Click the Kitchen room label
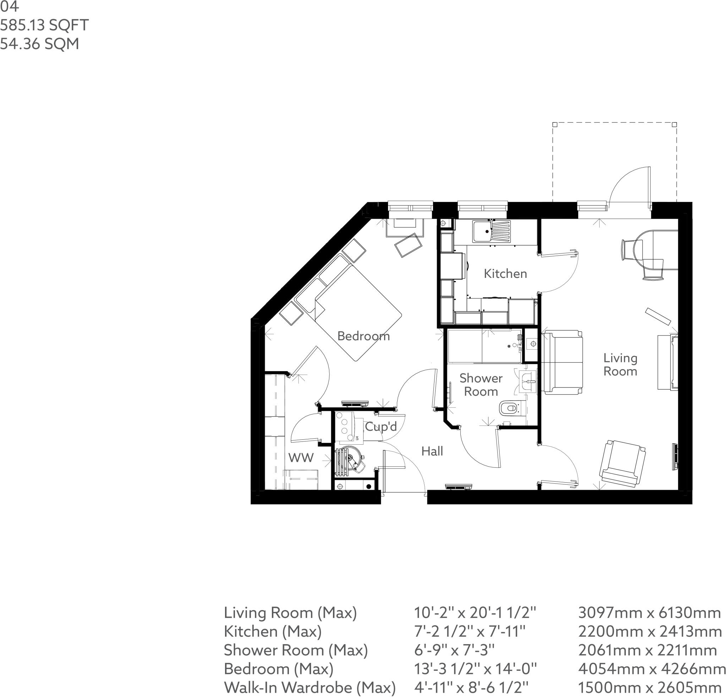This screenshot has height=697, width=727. pos(505,274)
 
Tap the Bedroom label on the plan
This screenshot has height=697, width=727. pos(363,336)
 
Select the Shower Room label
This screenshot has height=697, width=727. pos(481,384)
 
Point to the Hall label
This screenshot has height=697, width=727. pos(432,451)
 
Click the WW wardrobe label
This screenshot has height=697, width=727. pos(301,457)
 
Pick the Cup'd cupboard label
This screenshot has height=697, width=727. pos(381,426)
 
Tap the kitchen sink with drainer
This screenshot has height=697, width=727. pos(491,231)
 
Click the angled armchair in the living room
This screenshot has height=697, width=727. pos(622,463)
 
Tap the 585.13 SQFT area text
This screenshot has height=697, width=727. pos(44,25)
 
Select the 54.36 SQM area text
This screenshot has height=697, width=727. pos(39,44)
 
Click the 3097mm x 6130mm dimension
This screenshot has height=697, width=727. pos(650,613)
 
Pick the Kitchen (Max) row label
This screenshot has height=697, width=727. pos(273,631)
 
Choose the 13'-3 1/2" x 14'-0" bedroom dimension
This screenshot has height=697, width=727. pos(475,669)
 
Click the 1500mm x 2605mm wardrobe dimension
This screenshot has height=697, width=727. pos(650,688)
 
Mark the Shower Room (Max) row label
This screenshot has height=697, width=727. pos(296,650)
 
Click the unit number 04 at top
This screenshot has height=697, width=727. pos(9,7)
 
